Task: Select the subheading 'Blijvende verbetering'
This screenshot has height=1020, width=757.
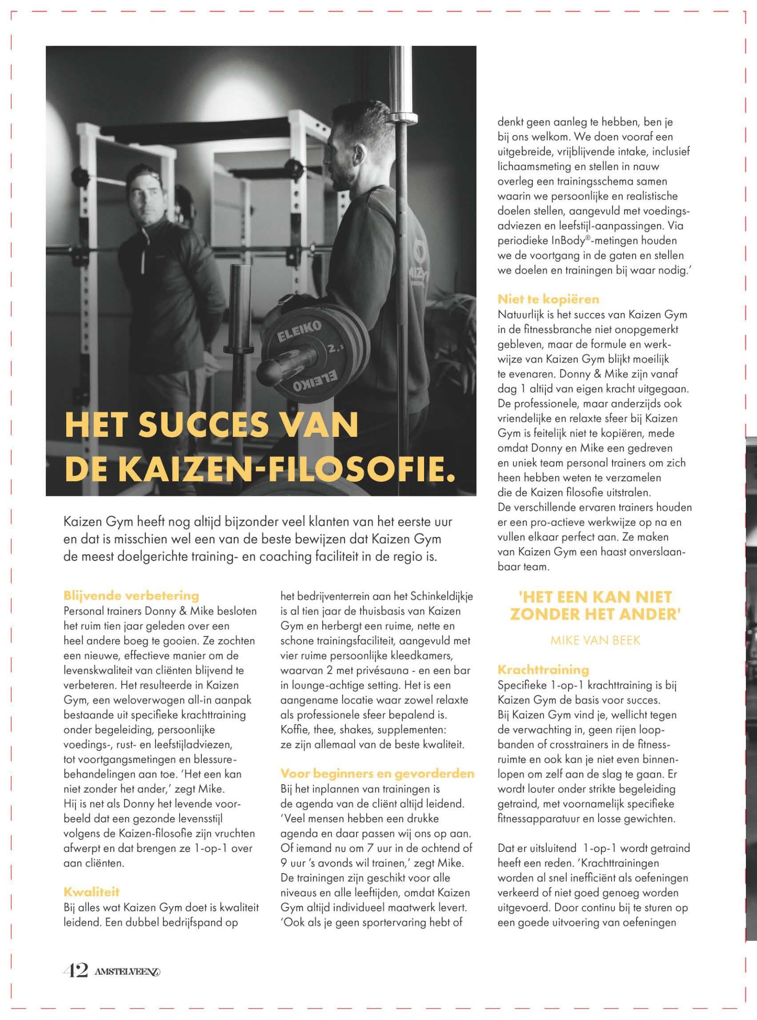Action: [131, 597]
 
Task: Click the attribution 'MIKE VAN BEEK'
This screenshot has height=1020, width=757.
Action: [595, 641]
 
